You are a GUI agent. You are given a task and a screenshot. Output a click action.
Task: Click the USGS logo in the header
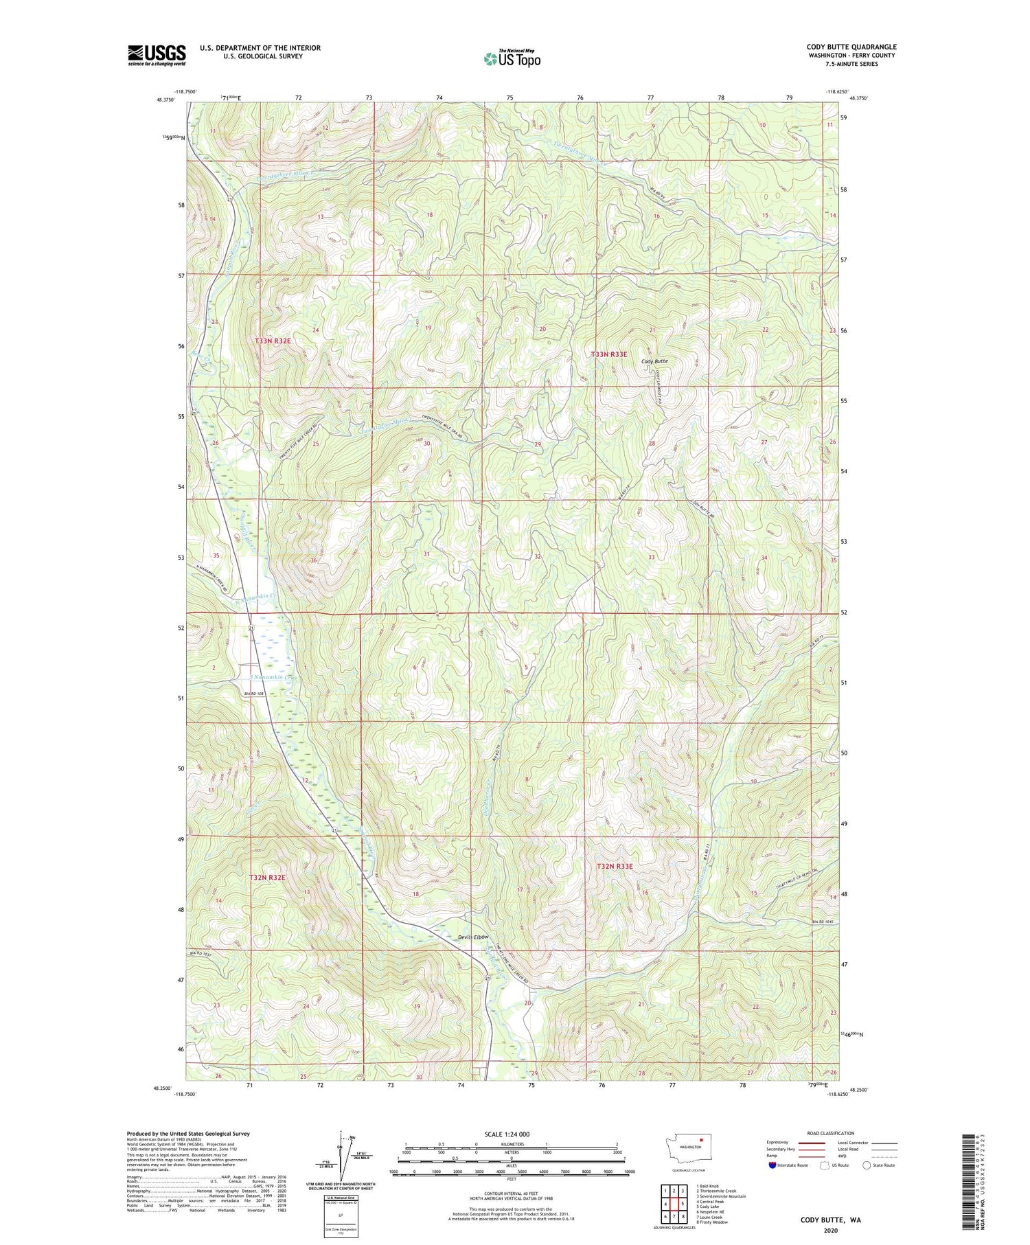(157, 55)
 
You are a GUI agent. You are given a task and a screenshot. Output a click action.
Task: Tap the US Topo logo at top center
(512, 59)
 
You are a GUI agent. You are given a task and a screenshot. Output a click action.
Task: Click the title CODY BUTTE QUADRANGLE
(851, 47)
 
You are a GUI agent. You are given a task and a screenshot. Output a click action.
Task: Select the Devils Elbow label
(472, 937)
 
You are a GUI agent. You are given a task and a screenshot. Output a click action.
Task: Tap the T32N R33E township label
(615, 867)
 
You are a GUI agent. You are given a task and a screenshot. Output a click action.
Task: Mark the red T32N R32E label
(266, 878)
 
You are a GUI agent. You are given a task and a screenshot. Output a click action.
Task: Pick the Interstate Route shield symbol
(773, 1165)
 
